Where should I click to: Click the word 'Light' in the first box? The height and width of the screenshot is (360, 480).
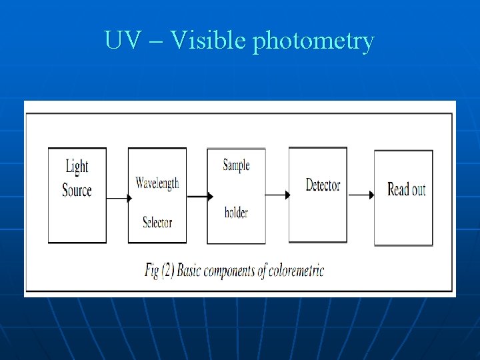point(77,167)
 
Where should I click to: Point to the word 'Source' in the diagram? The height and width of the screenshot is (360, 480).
point(77,190)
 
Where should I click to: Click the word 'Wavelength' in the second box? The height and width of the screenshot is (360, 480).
point(157,183)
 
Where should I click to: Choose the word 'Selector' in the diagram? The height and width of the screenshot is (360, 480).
point(157,222)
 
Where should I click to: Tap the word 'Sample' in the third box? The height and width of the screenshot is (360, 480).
point(236,165)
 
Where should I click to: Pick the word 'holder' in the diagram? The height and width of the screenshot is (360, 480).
point(236,213)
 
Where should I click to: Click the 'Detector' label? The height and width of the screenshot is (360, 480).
point(323,185)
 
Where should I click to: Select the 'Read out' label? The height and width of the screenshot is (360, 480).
point(406,189)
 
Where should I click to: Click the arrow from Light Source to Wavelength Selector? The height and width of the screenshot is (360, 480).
point(117,198)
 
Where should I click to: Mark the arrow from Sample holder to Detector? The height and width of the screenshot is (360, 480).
point(277,195)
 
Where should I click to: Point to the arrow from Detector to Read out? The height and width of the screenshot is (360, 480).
point(361,195)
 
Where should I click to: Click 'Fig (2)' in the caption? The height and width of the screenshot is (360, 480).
point(161,271)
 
